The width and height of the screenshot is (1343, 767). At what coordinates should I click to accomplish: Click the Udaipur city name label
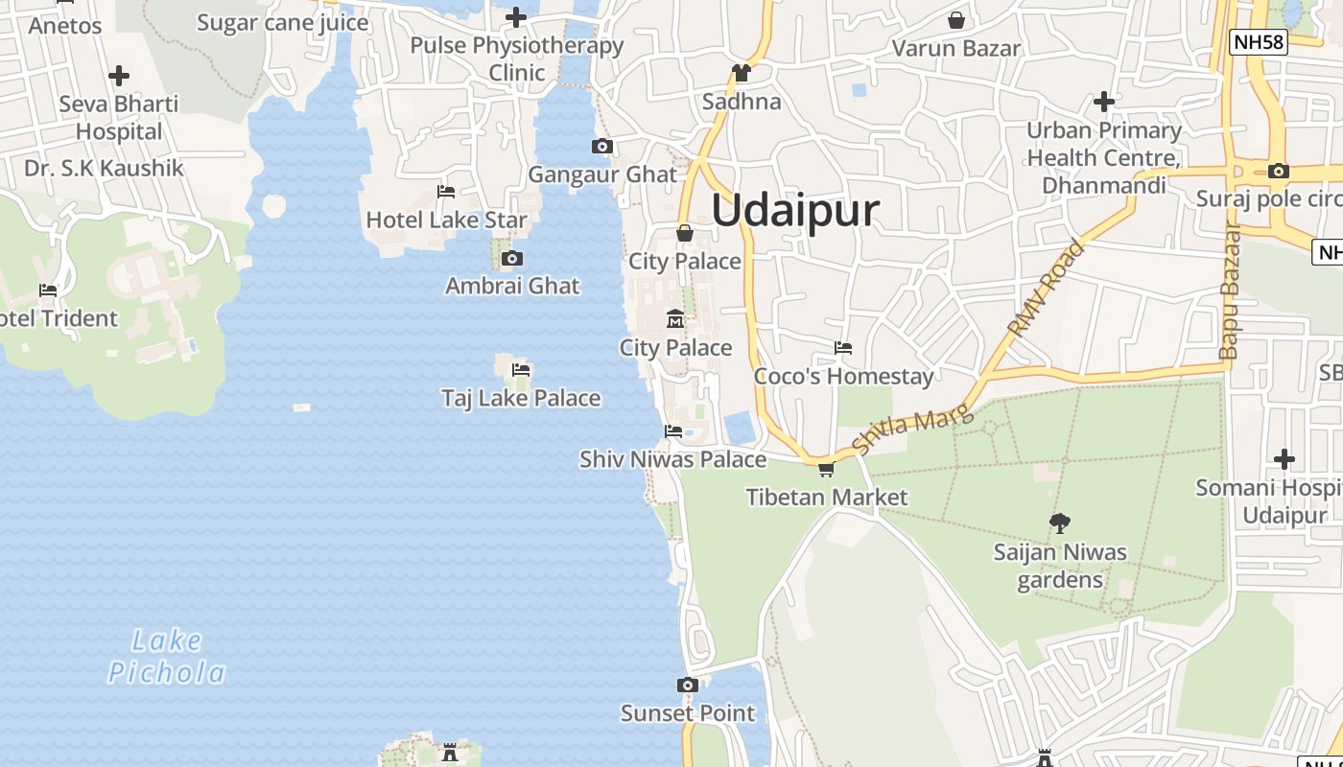795,211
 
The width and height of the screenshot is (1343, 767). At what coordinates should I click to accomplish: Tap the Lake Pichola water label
167,657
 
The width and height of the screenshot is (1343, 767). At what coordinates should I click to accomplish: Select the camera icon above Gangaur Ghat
602,147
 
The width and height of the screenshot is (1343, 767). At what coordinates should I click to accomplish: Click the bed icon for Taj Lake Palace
521,369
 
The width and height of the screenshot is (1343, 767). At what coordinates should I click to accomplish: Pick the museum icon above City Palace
675,318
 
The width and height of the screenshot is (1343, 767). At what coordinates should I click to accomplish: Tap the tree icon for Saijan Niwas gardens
1060,523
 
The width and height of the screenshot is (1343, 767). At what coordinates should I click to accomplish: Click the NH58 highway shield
1260,41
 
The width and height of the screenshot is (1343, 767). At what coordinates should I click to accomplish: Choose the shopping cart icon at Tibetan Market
826,469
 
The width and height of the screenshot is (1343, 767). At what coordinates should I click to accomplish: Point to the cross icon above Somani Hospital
1284,459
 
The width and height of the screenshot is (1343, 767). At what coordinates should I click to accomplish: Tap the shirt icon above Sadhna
741,73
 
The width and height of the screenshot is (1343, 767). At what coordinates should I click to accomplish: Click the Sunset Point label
688,713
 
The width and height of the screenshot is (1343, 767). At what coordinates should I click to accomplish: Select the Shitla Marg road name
912,431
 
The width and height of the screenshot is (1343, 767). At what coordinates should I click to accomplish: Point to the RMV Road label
1046,287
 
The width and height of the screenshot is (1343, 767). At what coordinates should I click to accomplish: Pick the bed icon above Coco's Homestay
843,347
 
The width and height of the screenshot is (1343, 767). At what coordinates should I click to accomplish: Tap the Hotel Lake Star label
446,220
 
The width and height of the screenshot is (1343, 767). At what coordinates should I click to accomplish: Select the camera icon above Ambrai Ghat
512,259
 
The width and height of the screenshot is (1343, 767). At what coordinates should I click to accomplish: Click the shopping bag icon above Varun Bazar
956,20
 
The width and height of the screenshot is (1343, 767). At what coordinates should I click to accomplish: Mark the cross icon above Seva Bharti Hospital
119,76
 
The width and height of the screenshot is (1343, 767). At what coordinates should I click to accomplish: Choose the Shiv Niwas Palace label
672,459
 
